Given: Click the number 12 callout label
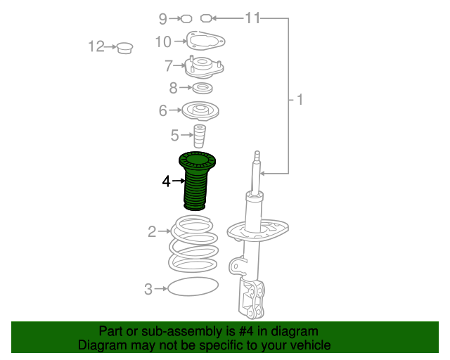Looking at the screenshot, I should [x=96, y=47].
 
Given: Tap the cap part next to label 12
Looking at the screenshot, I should [x=124, y=49].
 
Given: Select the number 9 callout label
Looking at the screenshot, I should [x=163, y=18].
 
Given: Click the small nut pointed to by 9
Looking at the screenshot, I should [x=186, y=18].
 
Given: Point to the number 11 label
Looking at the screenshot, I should [x=252, y=18].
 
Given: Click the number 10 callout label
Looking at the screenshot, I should [x=162, y=42].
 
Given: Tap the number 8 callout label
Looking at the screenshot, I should [x=174, y=88].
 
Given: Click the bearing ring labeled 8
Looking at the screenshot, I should [x=203, y=89].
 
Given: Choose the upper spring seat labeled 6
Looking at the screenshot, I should [x=201, y=110].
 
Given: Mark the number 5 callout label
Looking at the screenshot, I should [x=174, y=134].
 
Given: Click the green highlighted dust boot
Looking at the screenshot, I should [x=196, y=181].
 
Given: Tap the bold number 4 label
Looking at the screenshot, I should [x=166, y=181].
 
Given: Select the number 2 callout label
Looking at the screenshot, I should [x=151, y=231].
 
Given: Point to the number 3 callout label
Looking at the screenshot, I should [x=148, y=288].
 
